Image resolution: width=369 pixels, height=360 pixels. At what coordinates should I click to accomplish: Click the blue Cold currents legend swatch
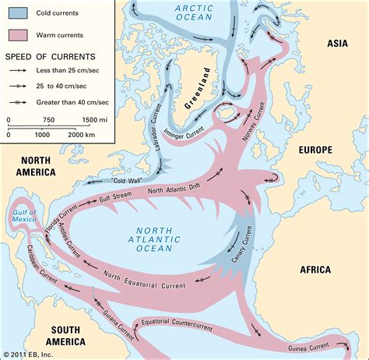[x=20, y=12]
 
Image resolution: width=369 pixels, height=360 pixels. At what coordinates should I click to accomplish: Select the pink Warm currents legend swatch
[x=20, y=34]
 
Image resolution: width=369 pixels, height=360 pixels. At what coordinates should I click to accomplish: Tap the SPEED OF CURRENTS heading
[x=51, y=56]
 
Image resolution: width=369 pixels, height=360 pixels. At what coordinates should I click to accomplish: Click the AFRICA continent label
[x=315, y=270]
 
